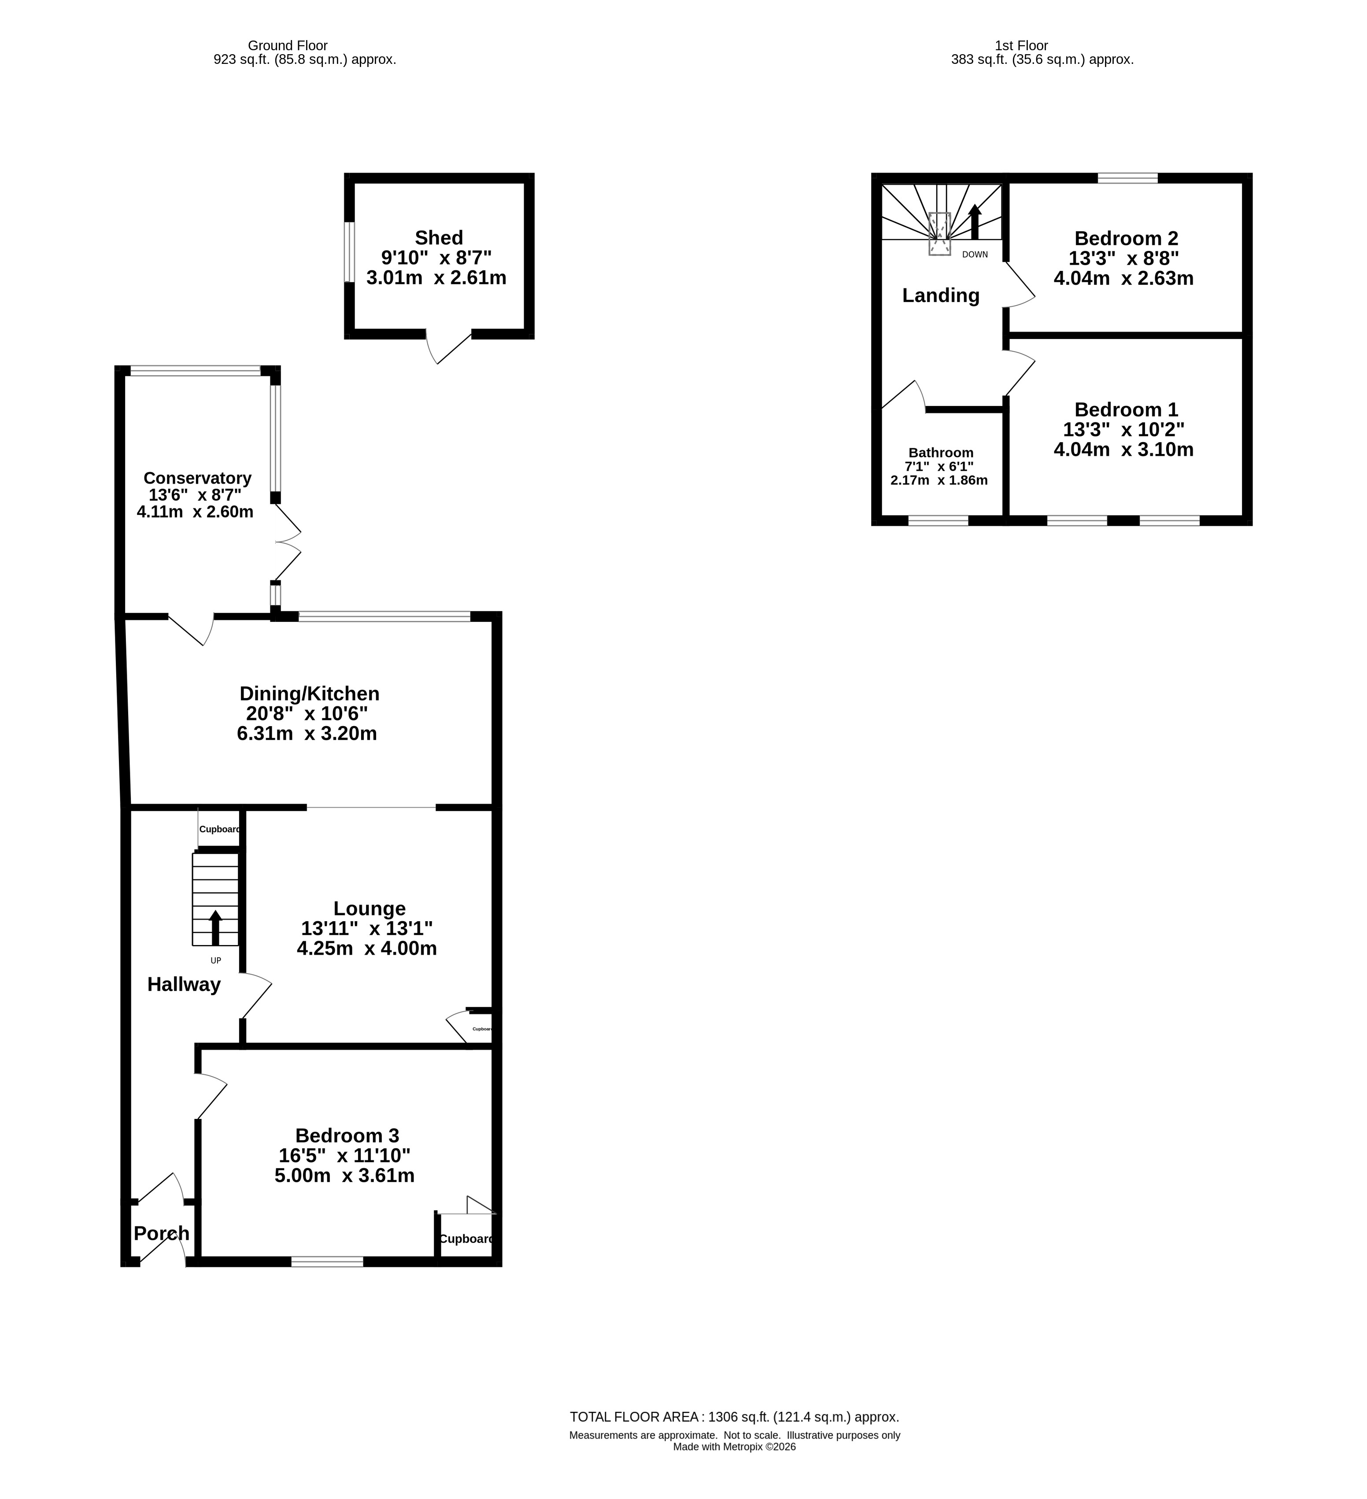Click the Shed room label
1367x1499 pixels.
439,238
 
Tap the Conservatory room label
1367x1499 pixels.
197,478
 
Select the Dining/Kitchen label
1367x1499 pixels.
310,694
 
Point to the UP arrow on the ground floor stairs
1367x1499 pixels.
216,927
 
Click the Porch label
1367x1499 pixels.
161,1171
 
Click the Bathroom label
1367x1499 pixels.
941,453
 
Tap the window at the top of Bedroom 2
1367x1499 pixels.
1127,178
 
